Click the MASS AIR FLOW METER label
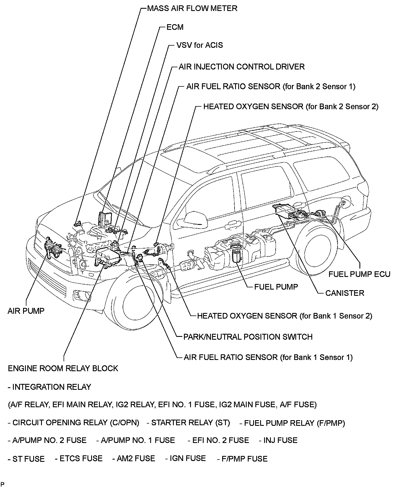coord(192,8)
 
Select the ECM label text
coord(175,27)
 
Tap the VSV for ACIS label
coord(199,45)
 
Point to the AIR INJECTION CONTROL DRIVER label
coord(242,67)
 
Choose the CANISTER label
coord(345,293)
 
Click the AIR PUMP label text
coord(26,311)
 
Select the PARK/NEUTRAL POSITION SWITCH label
coord(248,337)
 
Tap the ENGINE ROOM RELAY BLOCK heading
coord(63,368)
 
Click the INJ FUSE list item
coord(278,440)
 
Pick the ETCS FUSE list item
coord(79,458)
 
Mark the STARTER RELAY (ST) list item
coord(188,423)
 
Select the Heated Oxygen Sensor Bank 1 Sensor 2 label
coord(284,316)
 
